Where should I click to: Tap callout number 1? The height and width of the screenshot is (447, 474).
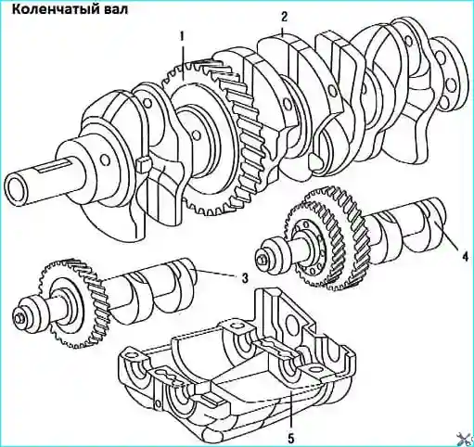[x=183, y=36]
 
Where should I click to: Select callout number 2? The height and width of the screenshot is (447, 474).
[x=284, y=17]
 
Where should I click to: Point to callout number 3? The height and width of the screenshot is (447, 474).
[x=245, y=278]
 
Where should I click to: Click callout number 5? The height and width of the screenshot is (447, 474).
[x=290, y=437]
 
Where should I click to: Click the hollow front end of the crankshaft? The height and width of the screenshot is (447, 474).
[x=18, y=189]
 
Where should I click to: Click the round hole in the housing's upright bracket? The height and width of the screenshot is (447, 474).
[x=292, y=324]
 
